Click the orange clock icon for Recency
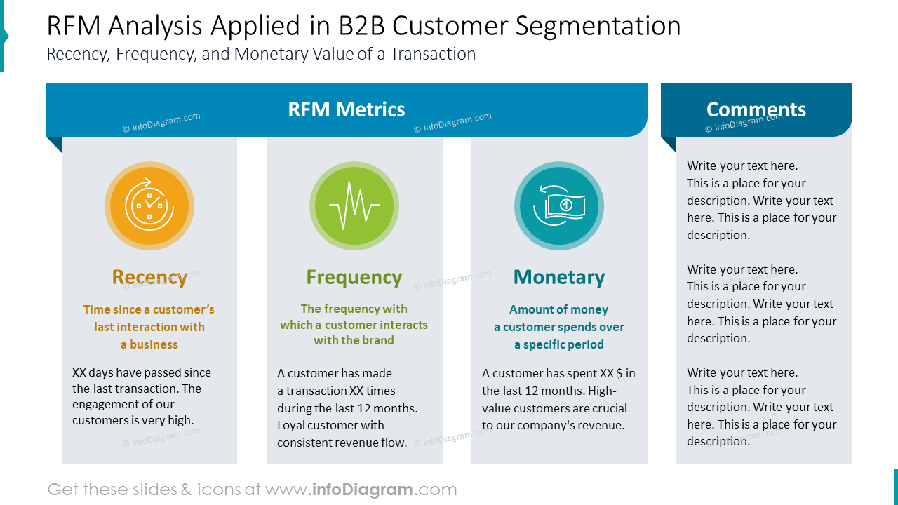[x=149, y=206]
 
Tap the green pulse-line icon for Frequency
[x=354, y=206]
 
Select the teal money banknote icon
[x=559, y=206]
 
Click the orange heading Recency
[x=149, y=277]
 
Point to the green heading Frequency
[x=354, y=277]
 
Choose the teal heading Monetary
[x=559, y=277]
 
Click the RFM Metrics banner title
[x=347, y=109]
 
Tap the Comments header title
[x=756, y=109]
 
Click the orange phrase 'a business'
[x=149, y=344]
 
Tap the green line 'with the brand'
[x=354, y=340]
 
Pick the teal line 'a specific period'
[x=559, y=344]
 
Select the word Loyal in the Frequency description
[x=292, y=425]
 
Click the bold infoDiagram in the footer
[x=362, y=490]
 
